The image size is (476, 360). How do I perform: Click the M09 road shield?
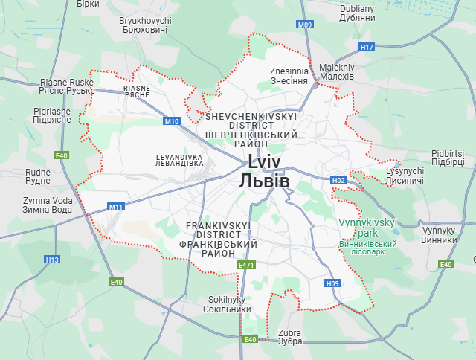coord(305,25)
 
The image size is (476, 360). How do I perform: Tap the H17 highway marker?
coord(367,47)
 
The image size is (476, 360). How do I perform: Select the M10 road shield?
coord(172,121)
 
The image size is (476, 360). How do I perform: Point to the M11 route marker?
coord(115,207)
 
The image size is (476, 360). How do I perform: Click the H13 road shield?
coord(51,260)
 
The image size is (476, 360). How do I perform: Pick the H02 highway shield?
coord(338,180)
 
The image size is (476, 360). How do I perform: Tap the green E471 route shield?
coord(246,265)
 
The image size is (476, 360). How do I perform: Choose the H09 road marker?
coord(332,283)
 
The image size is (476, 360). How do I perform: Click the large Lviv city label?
coord(264,172)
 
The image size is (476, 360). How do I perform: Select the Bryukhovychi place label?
coord(146,25)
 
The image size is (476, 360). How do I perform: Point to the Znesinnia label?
coord(289,75)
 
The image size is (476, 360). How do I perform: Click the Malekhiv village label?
coord(336,71)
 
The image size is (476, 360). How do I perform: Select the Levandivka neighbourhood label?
coord(179,160)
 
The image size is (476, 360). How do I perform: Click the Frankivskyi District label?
coord(219,239)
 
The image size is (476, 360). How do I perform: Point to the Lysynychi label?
coord(405,176)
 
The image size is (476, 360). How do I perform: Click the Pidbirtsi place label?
coord(448,158)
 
